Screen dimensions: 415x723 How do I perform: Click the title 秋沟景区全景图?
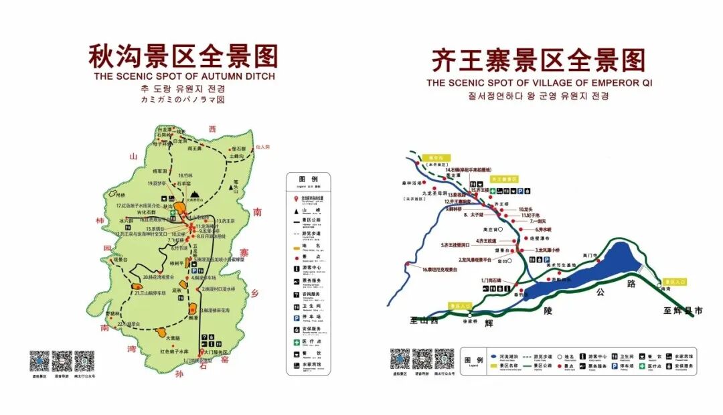(183, 56)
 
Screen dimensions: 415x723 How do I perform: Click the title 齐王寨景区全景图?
(539, 60)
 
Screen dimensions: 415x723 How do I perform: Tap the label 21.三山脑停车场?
(150, 293)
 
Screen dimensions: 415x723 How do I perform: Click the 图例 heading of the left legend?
(308, 179)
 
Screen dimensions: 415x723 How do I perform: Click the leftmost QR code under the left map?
(39, 359)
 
